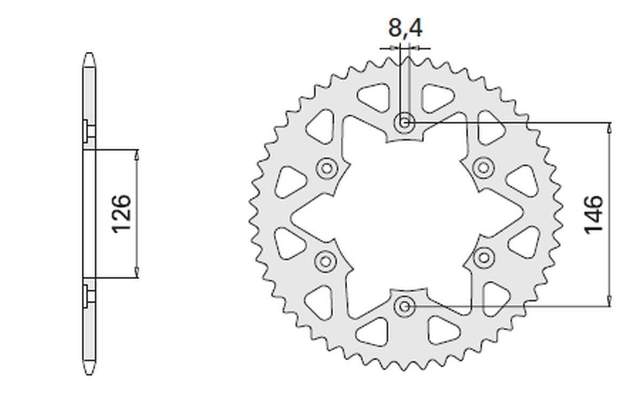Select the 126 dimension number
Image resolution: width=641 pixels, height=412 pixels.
point(121,213)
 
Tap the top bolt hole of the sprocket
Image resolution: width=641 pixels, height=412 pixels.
point(405,123)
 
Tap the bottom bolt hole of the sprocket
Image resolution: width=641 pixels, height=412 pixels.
point(404,306)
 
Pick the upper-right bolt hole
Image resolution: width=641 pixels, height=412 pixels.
point(483,168)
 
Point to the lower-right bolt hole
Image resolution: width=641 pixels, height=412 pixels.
point(484,258)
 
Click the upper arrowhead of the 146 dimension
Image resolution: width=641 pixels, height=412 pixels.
point(609,127)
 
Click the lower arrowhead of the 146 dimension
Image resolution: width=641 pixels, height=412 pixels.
point(609,302)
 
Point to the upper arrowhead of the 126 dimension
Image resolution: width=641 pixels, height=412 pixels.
point(137,154)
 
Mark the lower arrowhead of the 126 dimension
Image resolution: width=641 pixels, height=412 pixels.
point(137,273)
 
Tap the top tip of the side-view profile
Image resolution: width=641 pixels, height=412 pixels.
point(89,54)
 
